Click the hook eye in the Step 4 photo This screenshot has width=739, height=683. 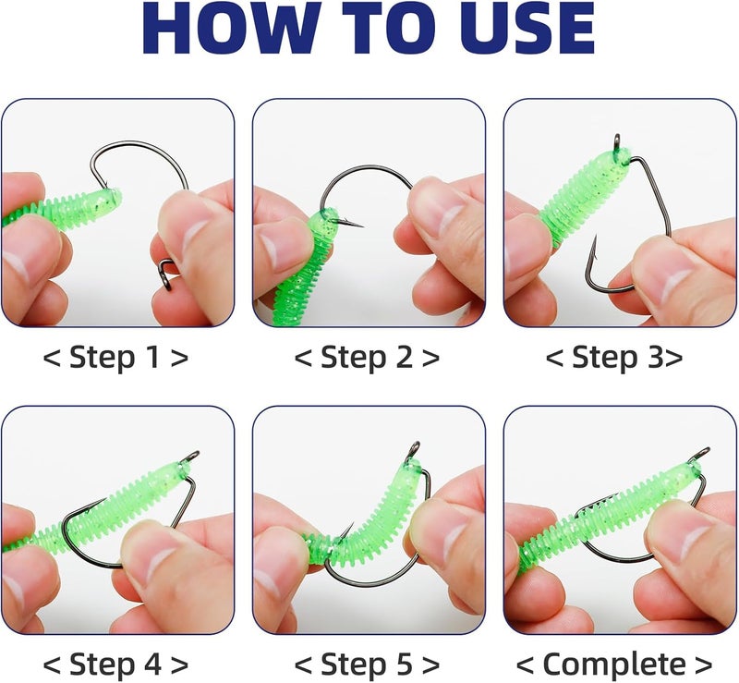[191, 457]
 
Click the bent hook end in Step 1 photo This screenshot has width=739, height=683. [168, 274]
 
